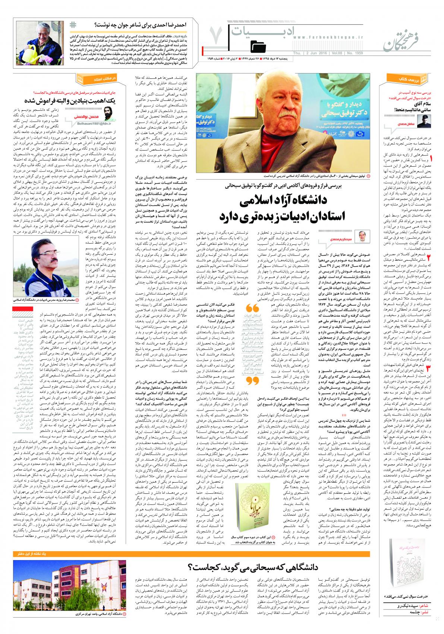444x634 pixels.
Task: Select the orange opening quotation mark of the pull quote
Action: point(252,308)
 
